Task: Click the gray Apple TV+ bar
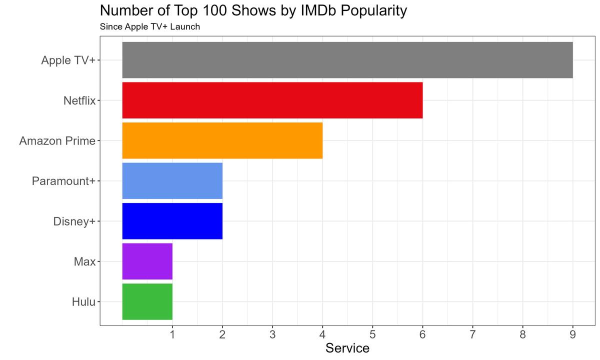(x=347, y=60)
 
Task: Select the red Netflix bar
(x=272, y=100)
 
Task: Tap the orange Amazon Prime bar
(x=222, y=140)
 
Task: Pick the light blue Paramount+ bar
(x=172, y=181)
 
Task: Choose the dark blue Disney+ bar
(x=172, y=221)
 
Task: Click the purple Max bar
(x=147, y=261)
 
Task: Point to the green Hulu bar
(x=147, y=301)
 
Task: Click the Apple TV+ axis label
(x=68, y=60)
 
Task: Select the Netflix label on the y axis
(x=79, y=100)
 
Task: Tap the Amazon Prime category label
(x=57, y=141)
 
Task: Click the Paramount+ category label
(x=63, y=181)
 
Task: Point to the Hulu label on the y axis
(x=83, y=302)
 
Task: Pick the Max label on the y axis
(x=84, y=261)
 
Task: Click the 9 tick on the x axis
(x=572, y=333)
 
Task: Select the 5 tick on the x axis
(x=372, y=333)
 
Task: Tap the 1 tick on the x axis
(x=172, y=333)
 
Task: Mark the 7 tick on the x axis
(x=472, y=333)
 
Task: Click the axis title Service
(x=347, y=348)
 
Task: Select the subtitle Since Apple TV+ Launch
(x=150, y=26)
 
